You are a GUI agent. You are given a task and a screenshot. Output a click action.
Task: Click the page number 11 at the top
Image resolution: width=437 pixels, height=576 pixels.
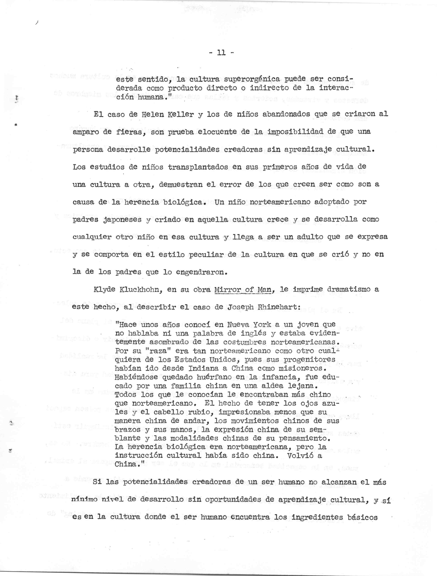coord(221,53)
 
